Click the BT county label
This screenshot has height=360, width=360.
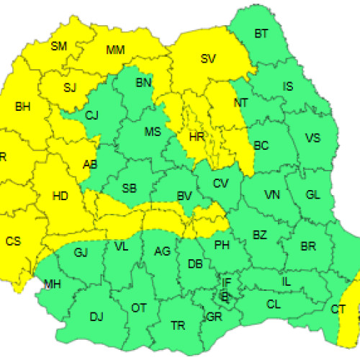261,33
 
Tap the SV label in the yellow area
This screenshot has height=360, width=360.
209,58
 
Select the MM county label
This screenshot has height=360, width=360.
115,50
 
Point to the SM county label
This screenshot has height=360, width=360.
58,46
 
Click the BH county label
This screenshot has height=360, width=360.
23,107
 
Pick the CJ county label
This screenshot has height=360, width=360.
91,114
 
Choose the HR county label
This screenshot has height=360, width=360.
195,135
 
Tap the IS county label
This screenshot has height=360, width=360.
288,86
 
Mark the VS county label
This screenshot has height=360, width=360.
312,138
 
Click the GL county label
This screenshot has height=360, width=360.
312,195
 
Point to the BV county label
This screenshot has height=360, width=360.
184,195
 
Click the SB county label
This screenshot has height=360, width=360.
130,189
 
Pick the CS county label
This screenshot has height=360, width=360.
13,241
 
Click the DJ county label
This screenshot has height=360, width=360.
96,315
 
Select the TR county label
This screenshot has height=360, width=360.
178,325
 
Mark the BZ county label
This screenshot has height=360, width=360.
260,233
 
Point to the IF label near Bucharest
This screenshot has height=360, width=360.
227,282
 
